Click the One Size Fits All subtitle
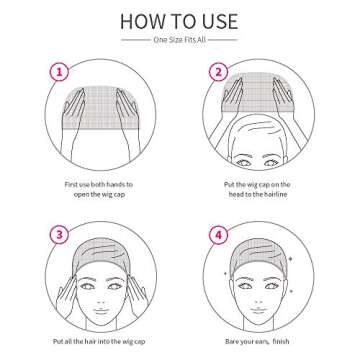point(180,41)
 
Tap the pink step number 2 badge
point(217,72)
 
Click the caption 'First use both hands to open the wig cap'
point(97,190)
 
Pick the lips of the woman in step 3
point(98,304)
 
